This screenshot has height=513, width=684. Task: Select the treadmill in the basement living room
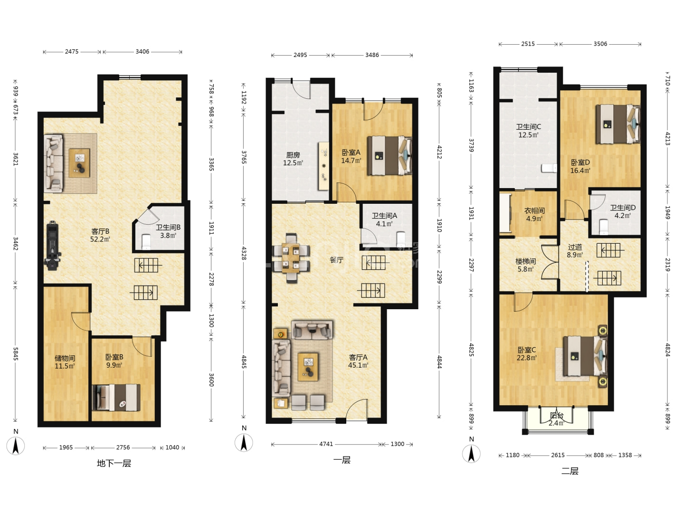point(53,246)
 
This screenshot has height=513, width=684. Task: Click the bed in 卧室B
point(116,398)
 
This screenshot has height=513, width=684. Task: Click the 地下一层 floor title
point(114,464)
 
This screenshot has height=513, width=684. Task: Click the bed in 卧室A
point(390,156)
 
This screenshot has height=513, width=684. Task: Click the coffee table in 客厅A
point(308,367)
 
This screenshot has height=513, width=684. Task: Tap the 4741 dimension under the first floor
point(326,444)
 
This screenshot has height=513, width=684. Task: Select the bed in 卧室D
point(618,124)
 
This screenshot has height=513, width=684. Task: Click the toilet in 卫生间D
point(604,227)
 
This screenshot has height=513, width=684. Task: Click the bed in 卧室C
point(585,356)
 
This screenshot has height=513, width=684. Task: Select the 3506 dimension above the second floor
point(600,44)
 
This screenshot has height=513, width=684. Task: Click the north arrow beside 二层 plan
point(471,454)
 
